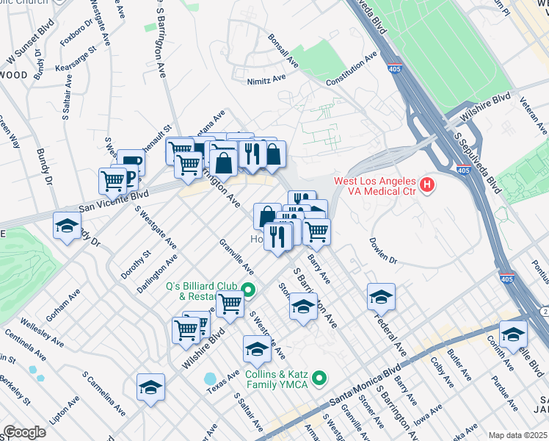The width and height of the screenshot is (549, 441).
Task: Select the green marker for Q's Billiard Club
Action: pyautogui.click(x=248, y=290)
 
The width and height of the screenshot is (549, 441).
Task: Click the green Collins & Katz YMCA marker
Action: pyautogui.click(x=319, y=379)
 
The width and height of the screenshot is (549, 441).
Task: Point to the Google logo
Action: pyautogui.click(x=24, y=432)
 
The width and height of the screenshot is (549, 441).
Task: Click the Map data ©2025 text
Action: pyautogui.click(x=518, y=435)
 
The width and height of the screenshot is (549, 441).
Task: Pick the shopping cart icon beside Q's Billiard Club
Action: pyautogui.click(x=230, y=302)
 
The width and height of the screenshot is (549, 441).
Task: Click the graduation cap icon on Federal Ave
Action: pyautogui.click(x=381, y=296)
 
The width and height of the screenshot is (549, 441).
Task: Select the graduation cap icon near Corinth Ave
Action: pyautogui.click(x=513, y=333)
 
